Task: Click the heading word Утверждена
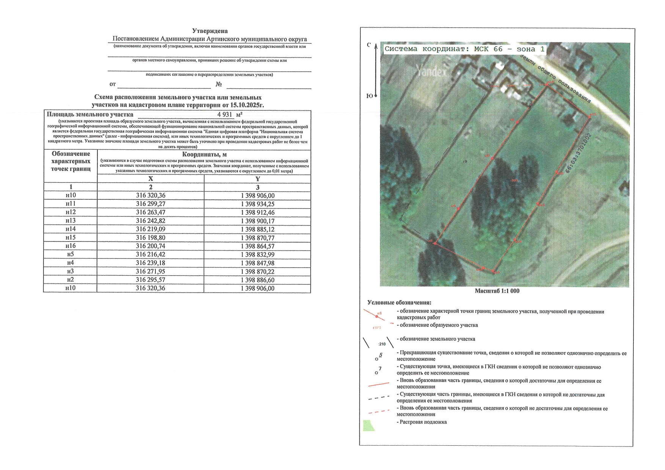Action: (x=210, y=31)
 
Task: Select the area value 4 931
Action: (x=224, y=114)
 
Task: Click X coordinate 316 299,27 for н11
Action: (x=151, y=204)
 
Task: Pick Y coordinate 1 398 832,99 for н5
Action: (x=257, y=255)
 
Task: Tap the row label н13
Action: (x=71, y=221)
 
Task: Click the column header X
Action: (x=151, y=179)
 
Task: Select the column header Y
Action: (x=257, y=179)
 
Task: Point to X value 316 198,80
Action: (x=151, y=238)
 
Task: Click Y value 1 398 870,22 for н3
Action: (x=257, y=272)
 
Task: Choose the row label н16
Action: (x=71, y=246)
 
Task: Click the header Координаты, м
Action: (x=204, y=154)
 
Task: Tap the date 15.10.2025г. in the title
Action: (x=247, y=105)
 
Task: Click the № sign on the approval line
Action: (x=219, y=84)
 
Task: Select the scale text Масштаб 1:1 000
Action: (x=497, y=291)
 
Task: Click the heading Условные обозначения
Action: (x=399, y=303)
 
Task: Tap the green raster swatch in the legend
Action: (x=369, y=425)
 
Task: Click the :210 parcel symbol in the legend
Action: (x=382, y=344)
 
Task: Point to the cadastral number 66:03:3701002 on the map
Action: (x=579, y=153)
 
